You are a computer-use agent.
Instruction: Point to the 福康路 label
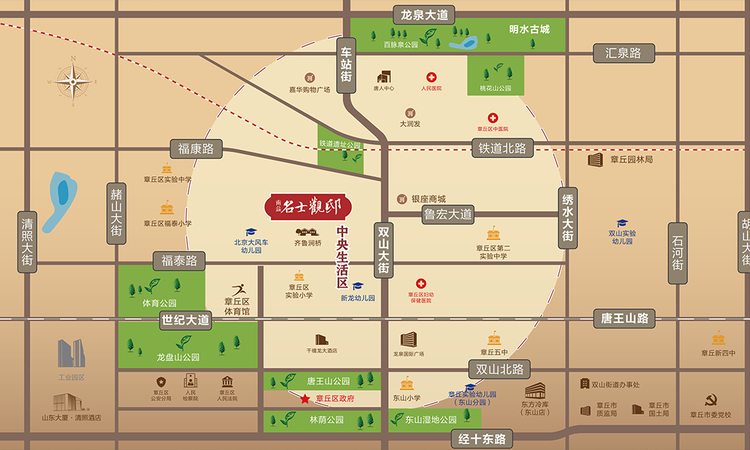coord(196,149)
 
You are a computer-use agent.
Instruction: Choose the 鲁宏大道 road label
coord(447,214)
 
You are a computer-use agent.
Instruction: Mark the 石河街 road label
coord(679,254)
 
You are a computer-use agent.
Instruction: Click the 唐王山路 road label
coord(624,319)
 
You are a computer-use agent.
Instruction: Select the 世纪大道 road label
coord(186,321)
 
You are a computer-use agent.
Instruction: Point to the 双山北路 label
coord(498,370)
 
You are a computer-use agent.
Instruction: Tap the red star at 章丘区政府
coord(304,400)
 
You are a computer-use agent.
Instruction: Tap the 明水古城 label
coord(529,30)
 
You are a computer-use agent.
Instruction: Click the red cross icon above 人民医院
coord(432,77)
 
